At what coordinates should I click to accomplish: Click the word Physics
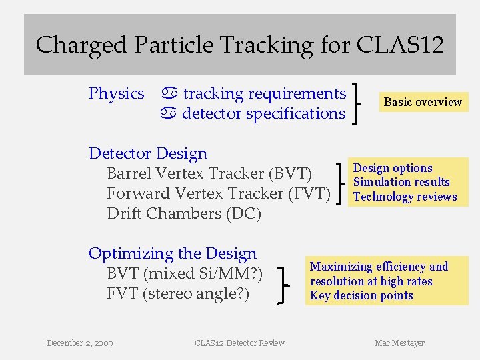[117, 93]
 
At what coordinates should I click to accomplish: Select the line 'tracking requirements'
[264, 93]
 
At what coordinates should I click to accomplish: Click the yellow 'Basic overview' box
[422, 102]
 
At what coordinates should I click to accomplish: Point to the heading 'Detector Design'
[148, 153]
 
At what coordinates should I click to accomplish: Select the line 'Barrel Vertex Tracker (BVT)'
[209, 173]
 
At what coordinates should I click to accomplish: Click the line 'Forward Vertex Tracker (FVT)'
[219, 193]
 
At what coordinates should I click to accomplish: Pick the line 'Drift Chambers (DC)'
[184, 213]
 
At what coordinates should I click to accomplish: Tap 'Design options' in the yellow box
[393, 168]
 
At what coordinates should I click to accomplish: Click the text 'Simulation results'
[401, 182]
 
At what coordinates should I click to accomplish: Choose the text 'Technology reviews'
[405, 197]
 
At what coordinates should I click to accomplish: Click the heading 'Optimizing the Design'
[173, 253]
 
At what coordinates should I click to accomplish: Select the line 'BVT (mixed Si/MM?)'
[185, 273]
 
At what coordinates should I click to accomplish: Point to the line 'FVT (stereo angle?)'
[178, 293]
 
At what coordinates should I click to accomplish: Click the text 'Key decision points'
[361, 295]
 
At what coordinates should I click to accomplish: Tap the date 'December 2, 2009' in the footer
[80, 343]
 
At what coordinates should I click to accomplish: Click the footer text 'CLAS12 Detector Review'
[239, 343]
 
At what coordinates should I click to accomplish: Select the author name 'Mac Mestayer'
[399, 343]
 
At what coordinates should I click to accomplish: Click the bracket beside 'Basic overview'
[361, 103]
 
